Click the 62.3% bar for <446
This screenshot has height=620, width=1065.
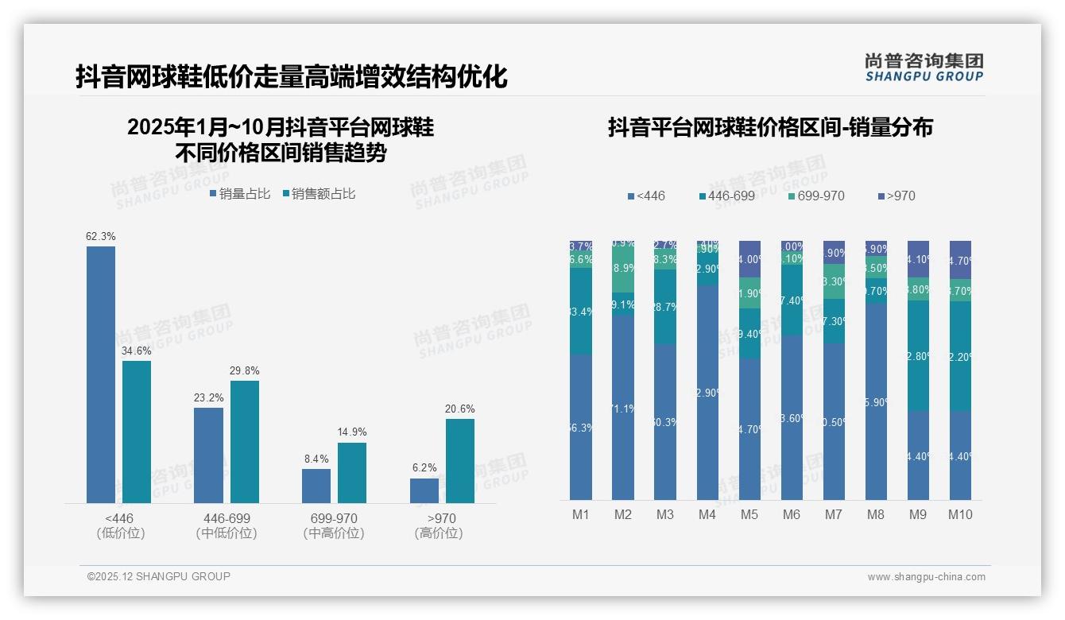(x=101, y=374)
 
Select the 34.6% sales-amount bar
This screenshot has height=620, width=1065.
(x=137, y=432)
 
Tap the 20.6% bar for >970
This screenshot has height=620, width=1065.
(x=460, y=461)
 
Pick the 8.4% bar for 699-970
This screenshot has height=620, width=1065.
(x=316, y=486)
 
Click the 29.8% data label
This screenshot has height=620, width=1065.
(x=244, y=371)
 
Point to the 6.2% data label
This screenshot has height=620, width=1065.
(x=424, y=468)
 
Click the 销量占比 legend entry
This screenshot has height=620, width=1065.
(x=240, y=194)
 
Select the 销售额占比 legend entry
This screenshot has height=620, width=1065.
(x=319, y=194)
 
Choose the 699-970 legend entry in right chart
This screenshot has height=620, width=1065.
(x=816, y=196)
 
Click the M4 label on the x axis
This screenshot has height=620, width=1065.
(x=707, y=515)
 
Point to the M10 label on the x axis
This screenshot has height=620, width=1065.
(x=960, y=515)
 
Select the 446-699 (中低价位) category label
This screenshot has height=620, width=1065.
(x=227, y=526)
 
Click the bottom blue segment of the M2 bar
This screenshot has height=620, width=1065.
(x=623, y=407)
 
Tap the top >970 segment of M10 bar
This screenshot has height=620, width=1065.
(x=960, y=259)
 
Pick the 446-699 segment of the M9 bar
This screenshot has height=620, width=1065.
(x=918, y=355)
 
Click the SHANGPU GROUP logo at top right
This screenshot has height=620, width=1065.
(x=924, y=68)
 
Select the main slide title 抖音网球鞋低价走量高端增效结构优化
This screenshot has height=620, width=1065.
(x=291, y=77)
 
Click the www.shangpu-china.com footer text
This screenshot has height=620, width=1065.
(x=926, y=577)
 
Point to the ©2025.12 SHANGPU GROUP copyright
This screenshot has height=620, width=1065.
(x=159, y=577)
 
